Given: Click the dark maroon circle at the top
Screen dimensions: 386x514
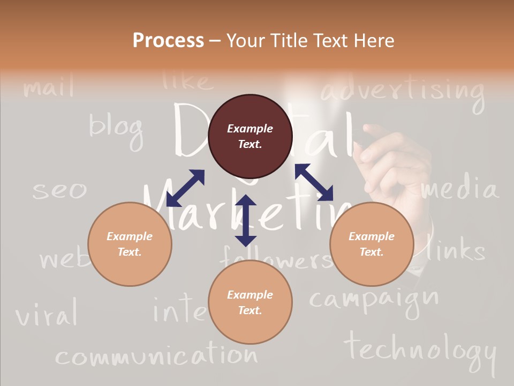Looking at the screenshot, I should point(250,136).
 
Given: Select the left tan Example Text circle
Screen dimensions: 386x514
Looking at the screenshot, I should point(130,244).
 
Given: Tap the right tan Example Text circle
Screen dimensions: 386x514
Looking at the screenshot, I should point(372,244).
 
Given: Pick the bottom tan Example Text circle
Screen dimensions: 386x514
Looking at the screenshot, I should point(250,302).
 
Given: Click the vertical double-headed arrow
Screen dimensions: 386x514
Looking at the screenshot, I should point(246,220).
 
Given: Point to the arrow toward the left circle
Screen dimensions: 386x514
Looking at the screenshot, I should point(185,188).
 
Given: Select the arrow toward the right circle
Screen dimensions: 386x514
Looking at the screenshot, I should point(314,182).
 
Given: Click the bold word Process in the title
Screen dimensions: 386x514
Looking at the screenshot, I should point(168,41).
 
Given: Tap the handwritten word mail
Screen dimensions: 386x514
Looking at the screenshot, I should point(49,87).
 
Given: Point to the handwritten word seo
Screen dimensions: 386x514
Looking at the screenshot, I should point(59,190).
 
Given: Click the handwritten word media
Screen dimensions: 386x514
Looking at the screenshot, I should point(459,189).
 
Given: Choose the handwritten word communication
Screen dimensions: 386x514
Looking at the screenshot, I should point(156,356).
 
